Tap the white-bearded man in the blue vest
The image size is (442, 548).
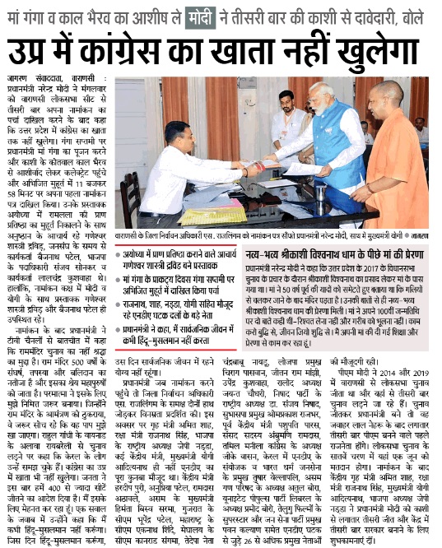[x=314, y=144]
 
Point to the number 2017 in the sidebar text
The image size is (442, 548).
[x=393, y=268]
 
